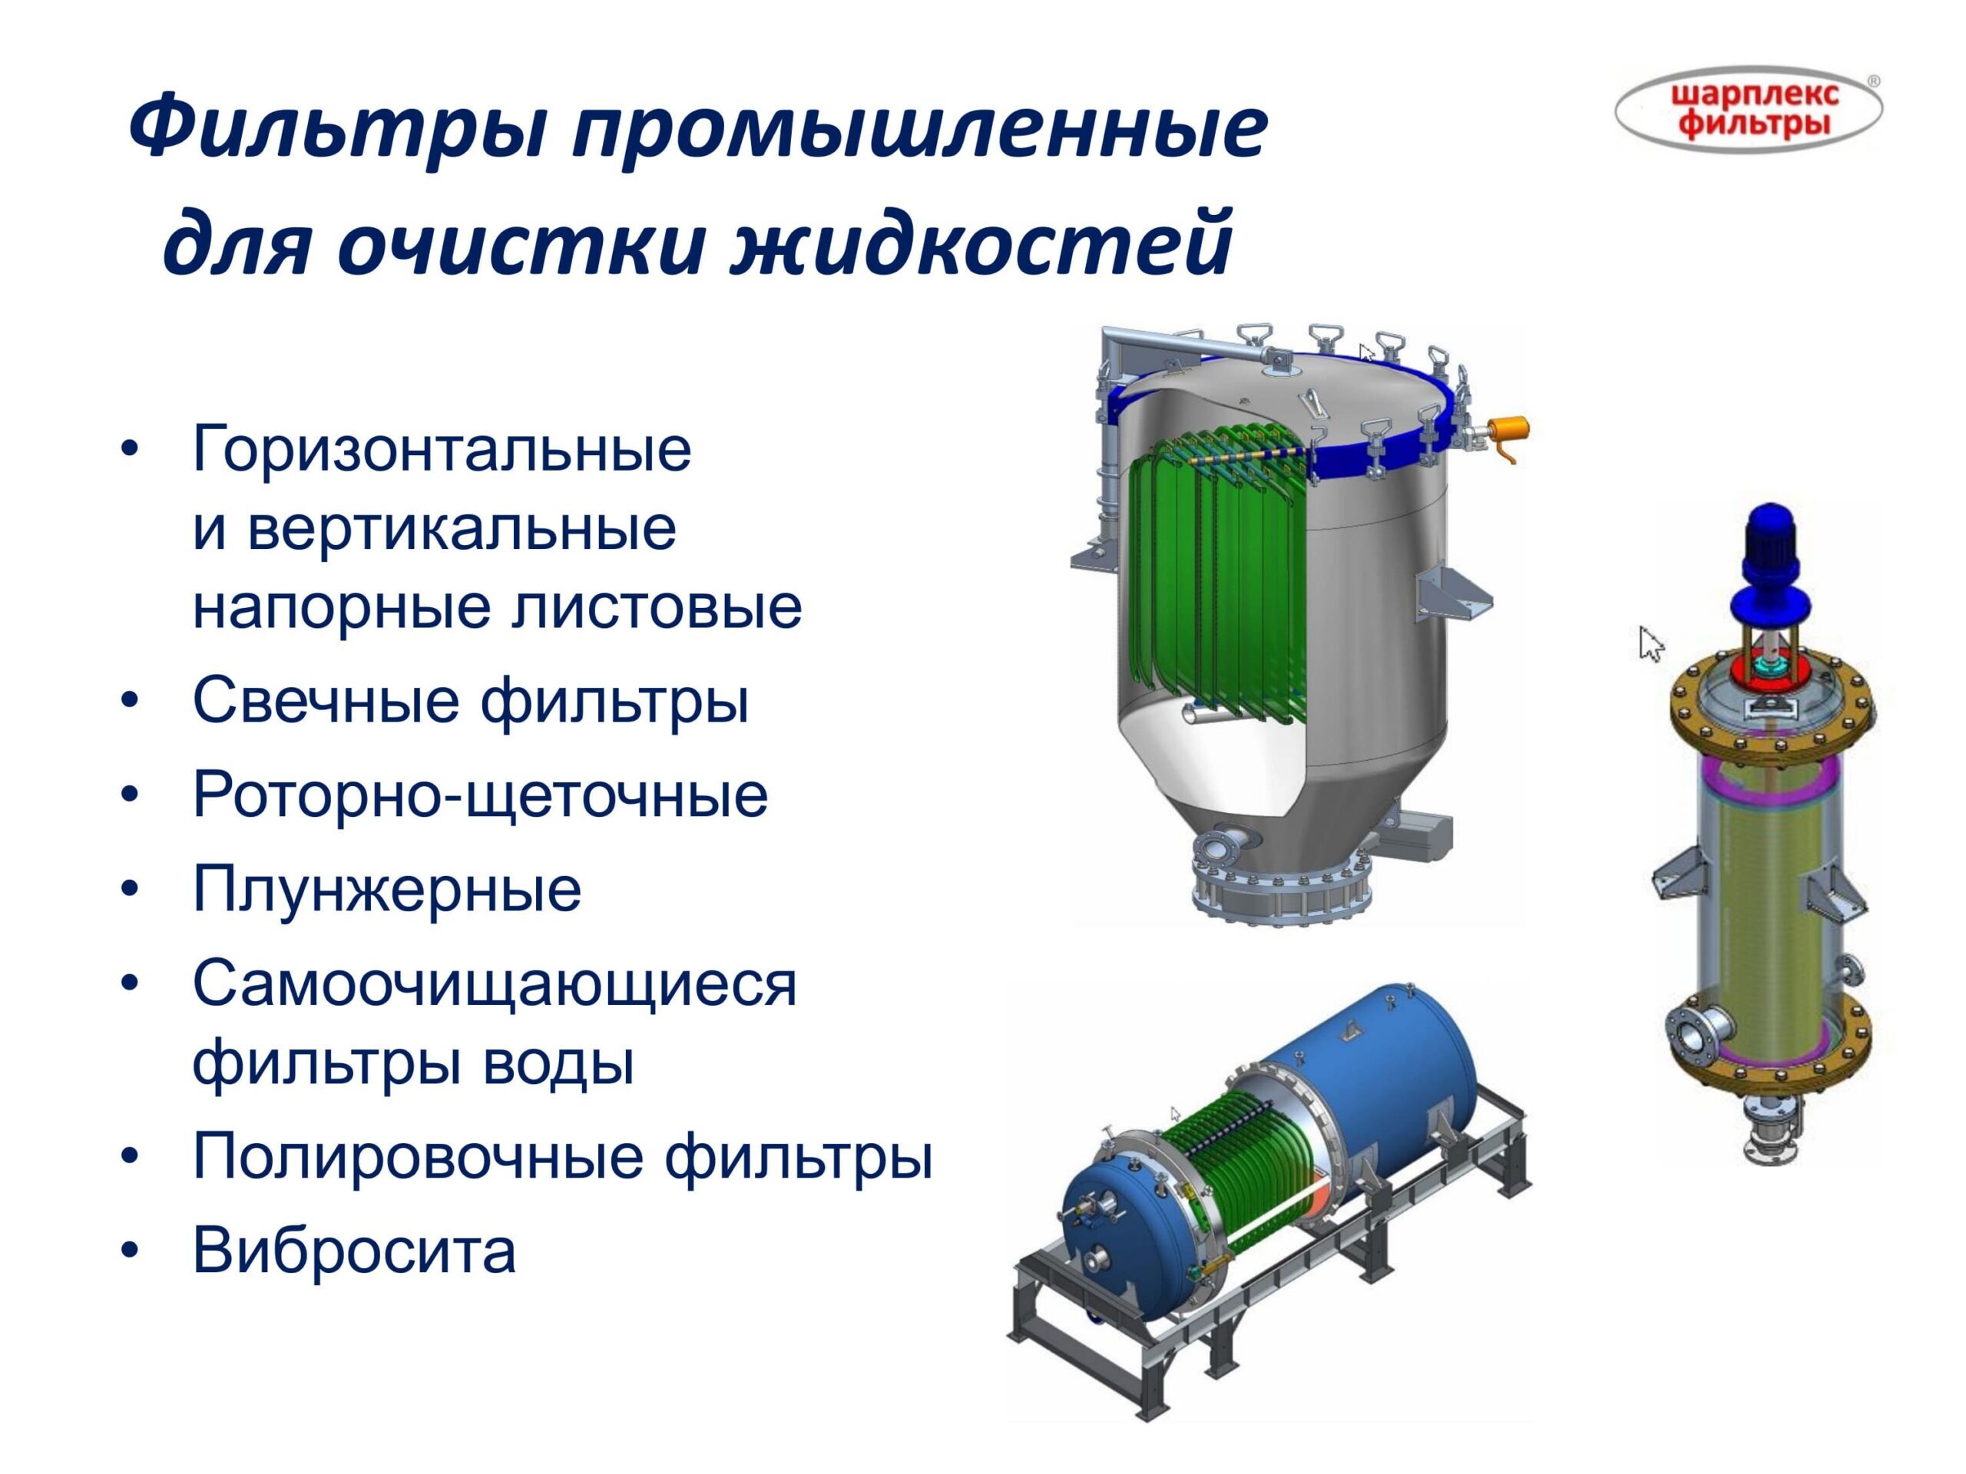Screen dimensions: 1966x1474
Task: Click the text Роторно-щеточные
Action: [x=480, y=795]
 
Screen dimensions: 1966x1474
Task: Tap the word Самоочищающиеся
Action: [x=495, y=984]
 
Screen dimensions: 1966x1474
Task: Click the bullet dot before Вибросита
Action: [x=131, y=1252]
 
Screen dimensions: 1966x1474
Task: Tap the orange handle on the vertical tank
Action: [x=1508, y=435]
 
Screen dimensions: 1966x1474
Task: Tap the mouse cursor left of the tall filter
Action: [x=1650, y=643]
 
